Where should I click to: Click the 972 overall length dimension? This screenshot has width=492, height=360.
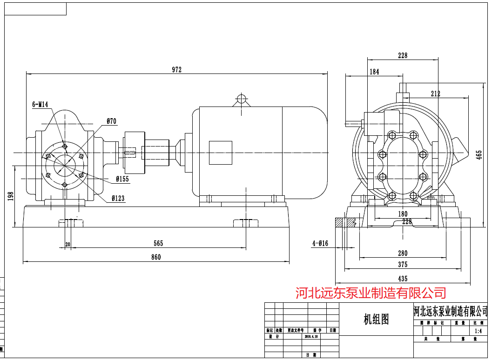coord(176,70)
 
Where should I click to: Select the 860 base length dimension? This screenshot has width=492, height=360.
coord(156,257)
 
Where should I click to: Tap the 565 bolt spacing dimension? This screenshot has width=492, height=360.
coord(158,243)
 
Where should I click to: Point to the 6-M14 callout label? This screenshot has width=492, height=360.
coord(40,105)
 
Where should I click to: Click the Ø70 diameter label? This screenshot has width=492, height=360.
coord(111,121)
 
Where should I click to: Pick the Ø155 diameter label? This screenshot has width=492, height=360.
coord(122,179)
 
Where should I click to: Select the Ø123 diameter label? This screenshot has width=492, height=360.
coord(118,199)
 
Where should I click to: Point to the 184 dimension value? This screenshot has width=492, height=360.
coord(374,72)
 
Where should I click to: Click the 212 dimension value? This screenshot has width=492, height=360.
coord(435,93)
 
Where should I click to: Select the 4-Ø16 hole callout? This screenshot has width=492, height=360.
coord(320,243)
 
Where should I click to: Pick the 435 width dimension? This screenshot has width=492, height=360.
coord(403,279)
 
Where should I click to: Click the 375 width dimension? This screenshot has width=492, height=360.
coord(403,265)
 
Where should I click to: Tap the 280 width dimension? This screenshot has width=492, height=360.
coord(403,253)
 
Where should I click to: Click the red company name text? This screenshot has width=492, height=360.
coord(371,293)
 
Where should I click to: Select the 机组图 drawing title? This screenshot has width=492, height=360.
coord(376,320)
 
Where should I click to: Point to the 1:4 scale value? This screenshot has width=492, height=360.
coord(478,331)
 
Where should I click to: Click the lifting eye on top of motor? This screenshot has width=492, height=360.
coord(241,99)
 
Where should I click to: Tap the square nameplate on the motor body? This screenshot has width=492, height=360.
coord(220,153)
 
